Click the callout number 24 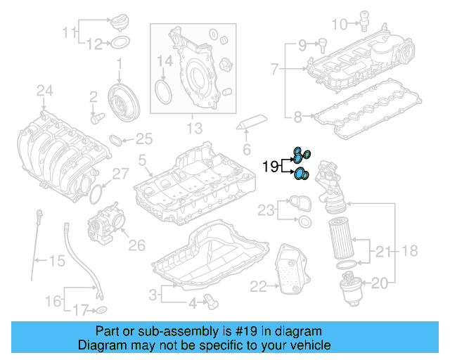pos(45,90)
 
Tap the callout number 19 pos(270,167)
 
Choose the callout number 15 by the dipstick pos(56,261)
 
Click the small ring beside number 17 pos(101,310)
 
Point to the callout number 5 pos(143,162)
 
